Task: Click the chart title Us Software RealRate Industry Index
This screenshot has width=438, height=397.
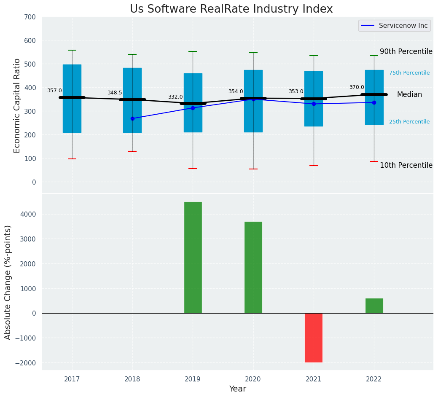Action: (x=231, y=9)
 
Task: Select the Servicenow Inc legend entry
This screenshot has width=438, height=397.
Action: (x=394, y=26)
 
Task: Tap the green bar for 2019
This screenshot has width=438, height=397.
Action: (x=193, y=257)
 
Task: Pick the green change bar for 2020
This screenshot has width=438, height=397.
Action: (x=253, y=267)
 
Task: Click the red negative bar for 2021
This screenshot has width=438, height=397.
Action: (x=314, y=338)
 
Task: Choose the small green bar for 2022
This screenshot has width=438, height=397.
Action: (x=374, y=306)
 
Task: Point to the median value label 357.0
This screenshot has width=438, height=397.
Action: (x=54, y=91)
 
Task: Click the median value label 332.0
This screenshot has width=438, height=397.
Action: (x=175, y=97)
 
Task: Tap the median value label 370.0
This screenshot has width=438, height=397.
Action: (x=357, y=87)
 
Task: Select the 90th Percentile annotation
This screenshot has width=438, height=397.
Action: (x=406, y=51)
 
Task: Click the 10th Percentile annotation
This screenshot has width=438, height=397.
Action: (x=406, y=165)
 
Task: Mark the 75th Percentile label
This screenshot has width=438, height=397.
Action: (x=409, y=73)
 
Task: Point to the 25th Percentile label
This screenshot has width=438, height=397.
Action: (x=409, y=122)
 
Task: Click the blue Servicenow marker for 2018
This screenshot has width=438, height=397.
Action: (x=132, y=118)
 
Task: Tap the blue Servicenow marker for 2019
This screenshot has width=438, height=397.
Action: (x=193, y=108)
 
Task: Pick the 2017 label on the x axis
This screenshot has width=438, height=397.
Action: (x=72, y=379)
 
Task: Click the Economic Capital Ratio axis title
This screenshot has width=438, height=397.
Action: (x=17, y=105)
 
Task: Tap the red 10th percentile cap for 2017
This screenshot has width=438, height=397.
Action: (x=72, y=159)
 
